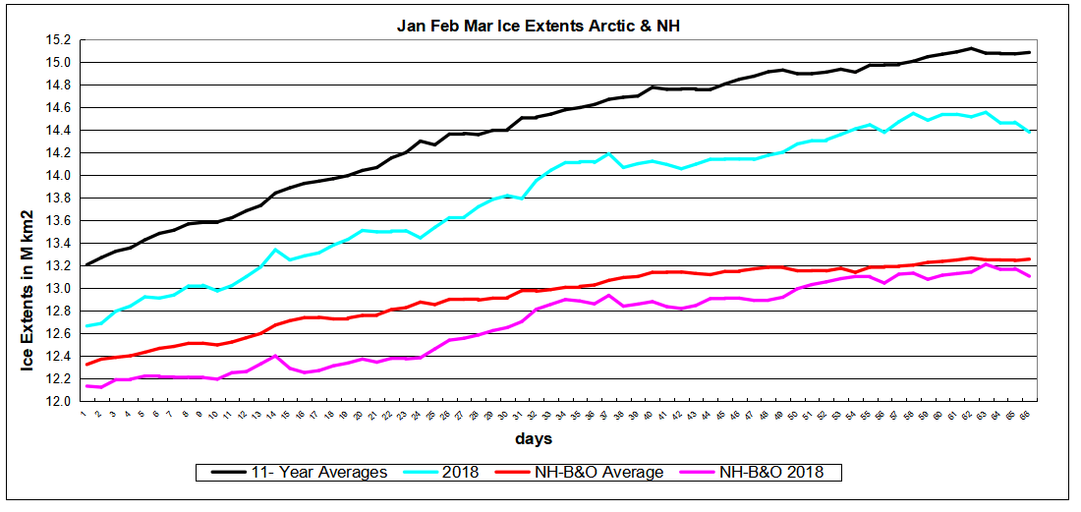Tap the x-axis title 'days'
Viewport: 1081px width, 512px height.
point(537,437)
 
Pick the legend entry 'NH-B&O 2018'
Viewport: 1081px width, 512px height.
point(768,473)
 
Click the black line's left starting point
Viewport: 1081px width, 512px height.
point(86,265)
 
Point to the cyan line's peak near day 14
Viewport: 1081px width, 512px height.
point(276,250)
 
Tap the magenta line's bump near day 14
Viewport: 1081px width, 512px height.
point(276,356)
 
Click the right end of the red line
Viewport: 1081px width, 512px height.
point(1029,259)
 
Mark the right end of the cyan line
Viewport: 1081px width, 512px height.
point(1029,132)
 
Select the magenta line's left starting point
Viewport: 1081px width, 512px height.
point(86,386)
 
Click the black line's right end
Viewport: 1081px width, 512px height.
point(1029,52)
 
